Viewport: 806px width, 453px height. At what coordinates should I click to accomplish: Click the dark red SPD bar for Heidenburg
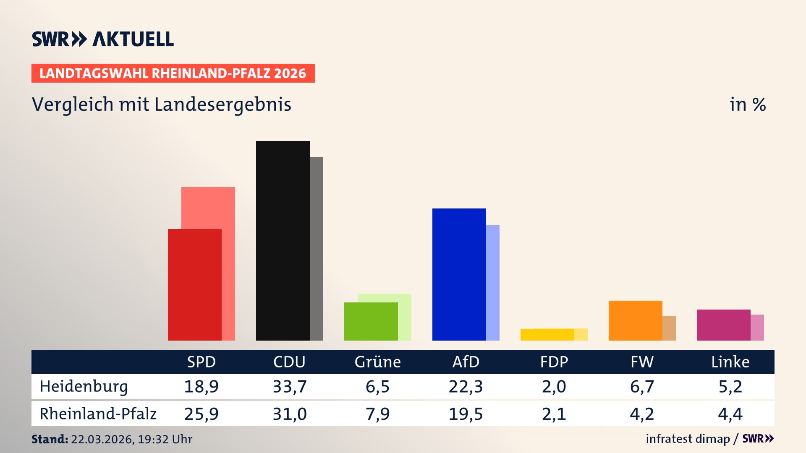point(194,285)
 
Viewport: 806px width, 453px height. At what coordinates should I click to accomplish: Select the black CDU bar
point(283,241)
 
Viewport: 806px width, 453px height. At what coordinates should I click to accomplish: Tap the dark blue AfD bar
point(459,275)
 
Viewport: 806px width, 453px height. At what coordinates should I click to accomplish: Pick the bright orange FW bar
point(635,321)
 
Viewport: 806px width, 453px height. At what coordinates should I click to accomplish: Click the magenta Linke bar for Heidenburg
point(723,325)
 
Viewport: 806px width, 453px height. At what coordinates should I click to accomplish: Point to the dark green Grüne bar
point(371,322)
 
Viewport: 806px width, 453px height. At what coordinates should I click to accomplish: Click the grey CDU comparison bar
point(317,250)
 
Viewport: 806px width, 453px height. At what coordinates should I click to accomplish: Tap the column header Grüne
point(377,362)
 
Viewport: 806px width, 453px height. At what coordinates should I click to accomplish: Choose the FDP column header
point(554,362)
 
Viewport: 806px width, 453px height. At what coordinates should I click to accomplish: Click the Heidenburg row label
point(84,386)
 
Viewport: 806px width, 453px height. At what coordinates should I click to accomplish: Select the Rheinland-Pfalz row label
point(98,414)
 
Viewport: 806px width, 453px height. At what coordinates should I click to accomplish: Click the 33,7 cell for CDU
point(290,386)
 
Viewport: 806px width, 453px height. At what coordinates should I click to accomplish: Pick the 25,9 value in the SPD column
point(201,414)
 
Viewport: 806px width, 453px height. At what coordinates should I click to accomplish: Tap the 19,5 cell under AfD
point(466,414)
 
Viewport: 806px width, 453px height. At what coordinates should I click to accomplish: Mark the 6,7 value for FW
point(642,386)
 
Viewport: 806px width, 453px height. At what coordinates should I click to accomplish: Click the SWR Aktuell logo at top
point(103,39)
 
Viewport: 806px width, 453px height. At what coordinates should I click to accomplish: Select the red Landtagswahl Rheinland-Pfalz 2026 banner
point(173,73)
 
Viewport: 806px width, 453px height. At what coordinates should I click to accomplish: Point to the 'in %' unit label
point(747,104)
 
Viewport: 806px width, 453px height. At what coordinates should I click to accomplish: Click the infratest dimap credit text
point(688,439)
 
